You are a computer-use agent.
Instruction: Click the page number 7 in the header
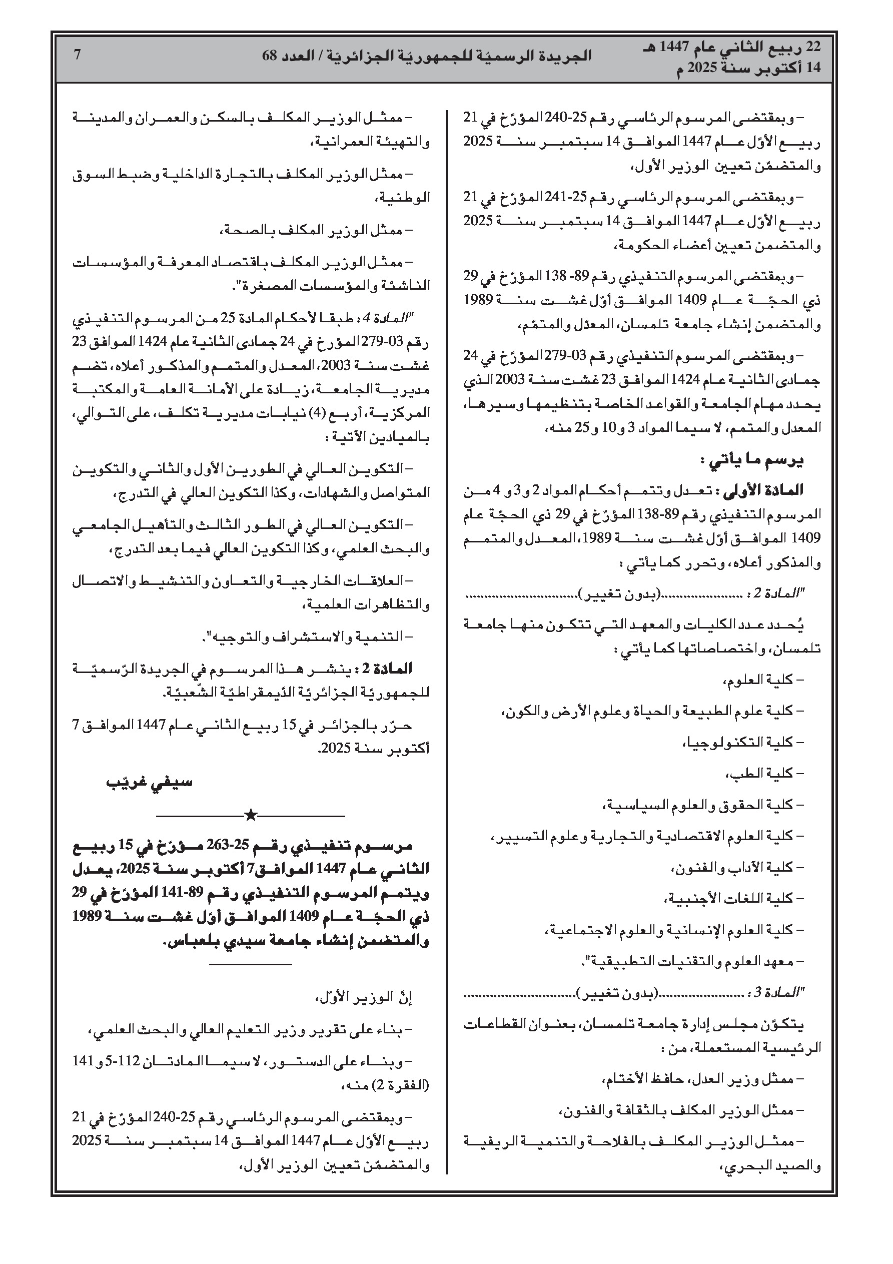click(x=77, y=55)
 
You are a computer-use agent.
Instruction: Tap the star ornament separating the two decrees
click(x=251, y=815)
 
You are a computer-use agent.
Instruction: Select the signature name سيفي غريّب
click(x=149, y=782)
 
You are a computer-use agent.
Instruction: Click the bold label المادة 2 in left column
click(x=393, y=669)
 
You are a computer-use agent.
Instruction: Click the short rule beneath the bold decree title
click(x=251, y=964)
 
